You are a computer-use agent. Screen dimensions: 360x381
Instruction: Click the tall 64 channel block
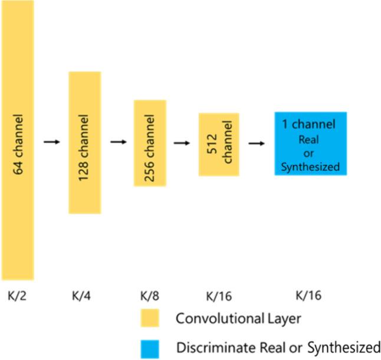(17, 140)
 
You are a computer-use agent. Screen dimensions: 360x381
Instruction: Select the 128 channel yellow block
(85, 142)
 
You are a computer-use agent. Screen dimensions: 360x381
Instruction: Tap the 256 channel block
(150, 143)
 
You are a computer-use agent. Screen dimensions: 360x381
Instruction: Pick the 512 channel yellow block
(218, 144)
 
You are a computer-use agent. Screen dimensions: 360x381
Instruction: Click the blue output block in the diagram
(310, 143)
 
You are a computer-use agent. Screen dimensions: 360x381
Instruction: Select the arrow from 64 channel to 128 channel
(52, 142)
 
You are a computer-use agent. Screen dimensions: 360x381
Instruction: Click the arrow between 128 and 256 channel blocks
(119, 142)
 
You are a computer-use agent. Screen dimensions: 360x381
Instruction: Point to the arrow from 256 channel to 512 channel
(183, 143)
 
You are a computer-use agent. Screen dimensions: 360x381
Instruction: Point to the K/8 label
(150, 296)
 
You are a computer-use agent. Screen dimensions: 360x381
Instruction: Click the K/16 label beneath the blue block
(308, 296)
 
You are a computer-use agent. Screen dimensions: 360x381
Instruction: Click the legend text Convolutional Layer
(239, 319)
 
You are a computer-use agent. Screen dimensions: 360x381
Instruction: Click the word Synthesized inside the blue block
(310, 167)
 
